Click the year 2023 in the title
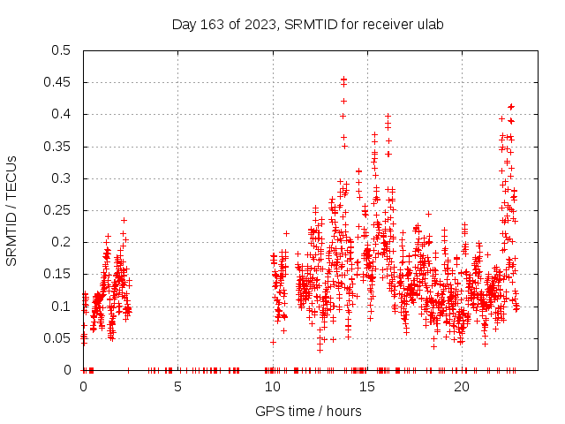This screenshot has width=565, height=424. tap(260, 25)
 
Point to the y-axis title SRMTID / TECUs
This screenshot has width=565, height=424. tap(12, 210)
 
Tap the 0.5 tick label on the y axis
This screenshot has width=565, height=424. tap(60, 50)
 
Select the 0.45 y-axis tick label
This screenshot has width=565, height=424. tap(56, 82)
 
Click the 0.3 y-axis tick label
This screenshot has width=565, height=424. tap(60, 178)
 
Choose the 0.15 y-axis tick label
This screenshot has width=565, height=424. tap(56, 274)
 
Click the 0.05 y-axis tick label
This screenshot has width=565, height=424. tap(56, 338)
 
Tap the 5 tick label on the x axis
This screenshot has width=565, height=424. tap(178, 387)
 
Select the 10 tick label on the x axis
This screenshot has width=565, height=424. tap(273, 387)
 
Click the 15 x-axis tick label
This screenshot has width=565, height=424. tap(367, 387)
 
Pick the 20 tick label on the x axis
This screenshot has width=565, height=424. tap(462, 387)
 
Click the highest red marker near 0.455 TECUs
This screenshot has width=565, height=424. tap(343, 79)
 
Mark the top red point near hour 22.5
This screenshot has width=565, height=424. tap(511, 107)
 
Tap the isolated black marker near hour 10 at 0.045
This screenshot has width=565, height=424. tap(274, 342)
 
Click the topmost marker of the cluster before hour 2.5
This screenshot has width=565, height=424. tap(124, 220)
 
